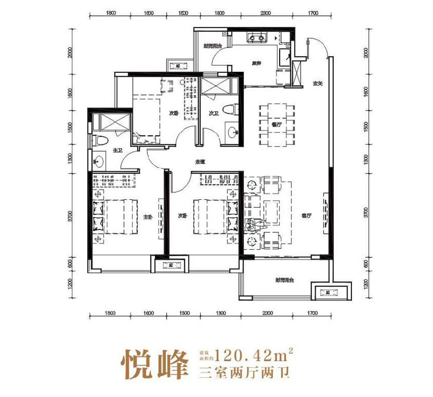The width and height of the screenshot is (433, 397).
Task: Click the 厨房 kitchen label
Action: tap(256, 64)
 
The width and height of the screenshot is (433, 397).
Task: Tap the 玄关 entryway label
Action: tap(318, 84)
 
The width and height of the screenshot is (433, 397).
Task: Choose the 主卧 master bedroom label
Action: tap(147, 217)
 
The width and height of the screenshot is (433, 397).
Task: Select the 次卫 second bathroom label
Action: tap(213, 114)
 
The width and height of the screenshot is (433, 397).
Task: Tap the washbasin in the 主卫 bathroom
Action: tap(98, 163)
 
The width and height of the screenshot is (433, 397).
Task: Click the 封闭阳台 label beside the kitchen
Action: tap(211, 46)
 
